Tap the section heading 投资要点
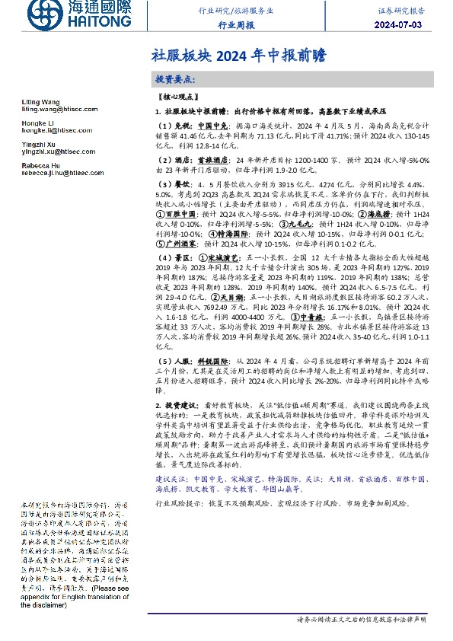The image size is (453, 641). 174,79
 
